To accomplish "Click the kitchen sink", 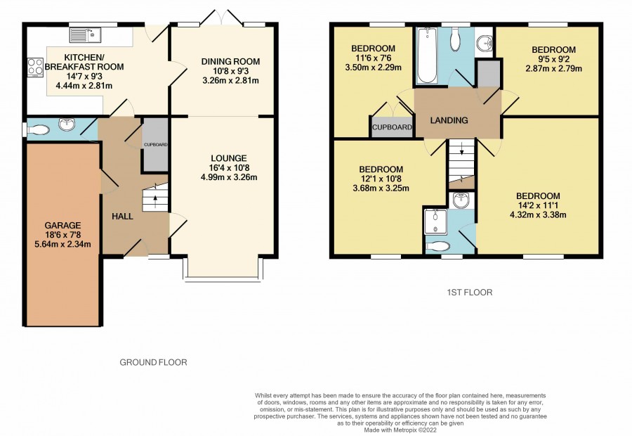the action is [x=85, y=35].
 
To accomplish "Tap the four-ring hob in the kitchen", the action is [x=36, y=67].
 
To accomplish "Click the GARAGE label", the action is [x=62, y=226].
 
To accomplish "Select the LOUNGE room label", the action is [x=229, y=159].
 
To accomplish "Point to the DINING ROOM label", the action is [x=230, y=62].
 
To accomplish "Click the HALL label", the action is [x=122, y=217].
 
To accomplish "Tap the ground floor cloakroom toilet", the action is [x=37, y=129].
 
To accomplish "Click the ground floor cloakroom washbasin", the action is [x=67, y=124].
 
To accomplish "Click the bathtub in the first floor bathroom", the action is [x=426, y=56].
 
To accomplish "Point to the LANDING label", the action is [x=449, y=120].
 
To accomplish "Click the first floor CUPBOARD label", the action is [x=392, y=127].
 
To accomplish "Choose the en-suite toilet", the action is [x=437, y=246].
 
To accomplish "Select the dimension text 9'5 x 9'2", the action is [x=553, y=59].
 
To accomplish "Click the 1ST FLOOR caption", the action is [x=470, y=293].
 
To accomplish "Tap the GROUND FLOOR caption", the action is [x=154, y=363].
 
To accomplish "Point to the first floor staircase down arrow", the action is [x=462, y=148].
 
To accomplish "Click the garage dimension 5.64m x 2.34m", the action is [x=63, y=244].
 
